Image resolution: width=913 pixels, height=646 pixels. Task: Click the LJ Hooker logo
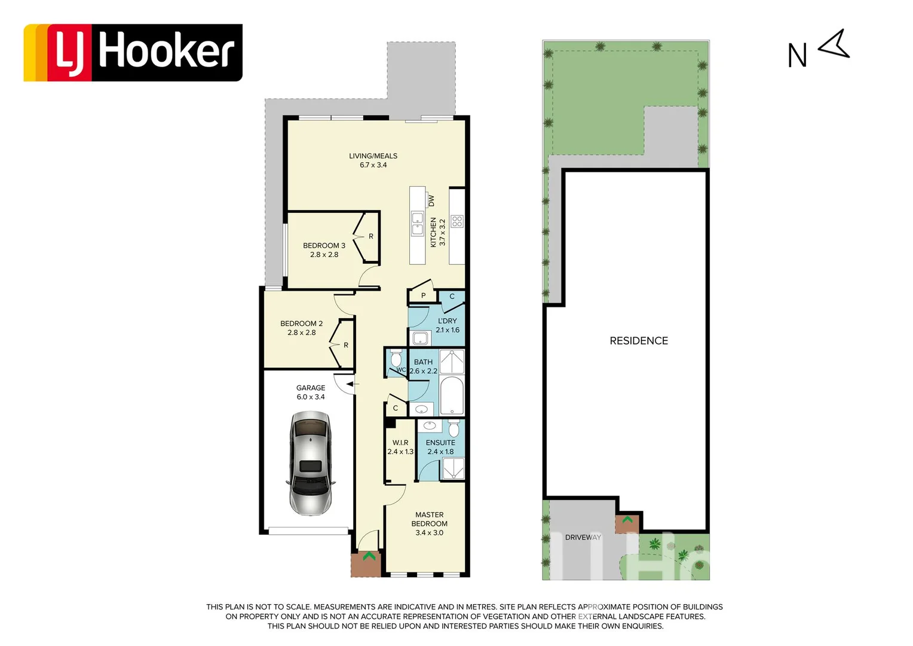pyautogui.click(x=133, y=53)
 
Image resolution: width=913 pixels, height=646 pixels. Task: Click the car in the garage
pyautogui.click(x=310, y=463)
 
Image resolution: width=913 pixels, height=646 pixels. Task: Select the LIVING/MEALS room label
pyautogui.click(x=373, y=156)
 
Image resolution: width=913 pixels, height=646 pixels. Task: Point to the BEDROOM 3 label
pyautogui.click(x=324, y=246)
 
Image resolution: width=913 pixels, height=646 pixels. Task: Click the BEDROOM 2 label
pyautogui.click(x=301, y=324)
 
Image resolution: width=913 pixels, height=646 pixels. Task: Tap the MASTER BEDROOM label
pyautogui.click(x=429, y=519)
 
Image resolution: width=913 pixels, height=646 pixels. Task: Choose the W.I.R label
pyautogui.click(x=400, y=443)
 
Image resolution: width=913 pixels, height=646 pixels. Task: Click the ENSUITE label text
pyautogui.click(x=440, y=443)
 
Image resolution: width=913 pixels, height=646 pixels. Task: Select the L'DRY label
pyautogui.click(x=447, y=321)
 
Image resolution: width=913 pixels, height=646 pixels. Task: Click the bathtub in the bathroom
pyautogui.click(x=452, y=396)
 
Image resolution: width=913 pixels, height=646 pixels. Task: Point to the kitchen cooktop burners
pyautogui.click(x=457, y=222)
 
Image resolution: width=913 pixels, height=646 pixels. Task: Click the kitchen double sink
pyautogui.click(x=417, y=223)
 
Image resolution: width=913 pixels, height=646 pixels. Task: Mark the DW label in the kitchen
pyautogui.click(x=431, y=200)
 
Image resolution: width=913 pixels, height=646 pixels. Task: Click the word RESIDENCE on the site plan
pyautogui.click(x=639, y=341)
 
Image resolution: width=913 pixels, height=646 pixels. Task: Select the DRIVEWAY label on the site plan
pyautogui.click(x=583, y=538)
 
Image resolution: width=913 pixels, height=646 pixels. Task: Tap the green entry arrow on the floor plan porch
pyautogui.click(x=369, y=556)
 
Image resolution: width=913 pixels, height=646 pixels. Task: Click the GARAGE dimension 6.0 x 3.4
pyautogui.click(x=311, y=397)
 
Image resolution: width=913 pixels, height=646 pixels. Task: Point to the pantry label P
pyautogui.click(x=423, y=296)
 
